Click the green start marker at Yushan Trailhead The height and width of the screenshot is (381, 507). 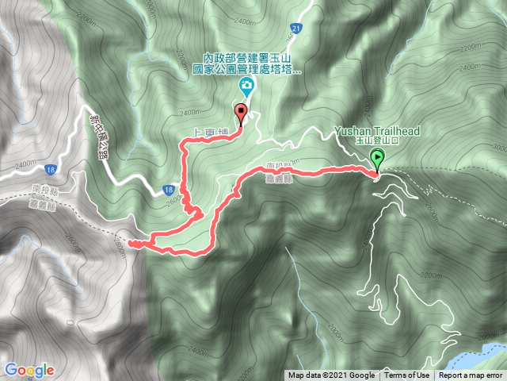377,159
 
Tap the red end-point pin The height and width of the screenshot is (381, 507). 241,112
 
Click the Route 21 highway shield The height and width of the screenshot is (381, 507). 295,29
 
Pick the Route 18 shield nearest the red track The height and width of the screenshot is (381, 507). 169,190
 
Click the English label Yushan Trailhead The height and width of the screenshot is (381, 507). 376,130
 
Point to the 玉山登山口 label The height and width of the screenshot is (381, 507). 375,140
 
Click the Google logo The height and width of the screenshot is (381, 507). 29,370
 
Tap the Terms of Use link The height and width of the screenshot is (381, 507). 408,376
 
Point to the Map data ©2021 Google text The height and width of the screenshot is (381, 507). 331,376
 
